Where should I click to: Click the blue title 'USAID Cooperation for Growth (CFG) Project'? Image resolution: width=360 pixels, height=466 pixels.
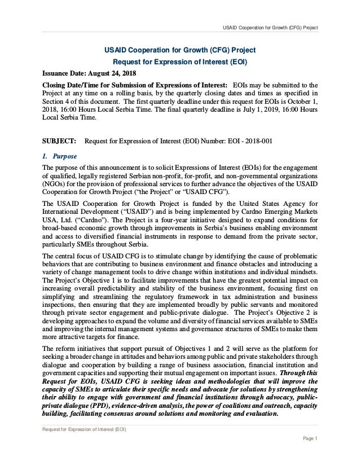181,49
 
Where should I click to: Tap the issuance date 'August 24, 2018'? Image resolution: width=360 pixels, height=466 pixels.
114,73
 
